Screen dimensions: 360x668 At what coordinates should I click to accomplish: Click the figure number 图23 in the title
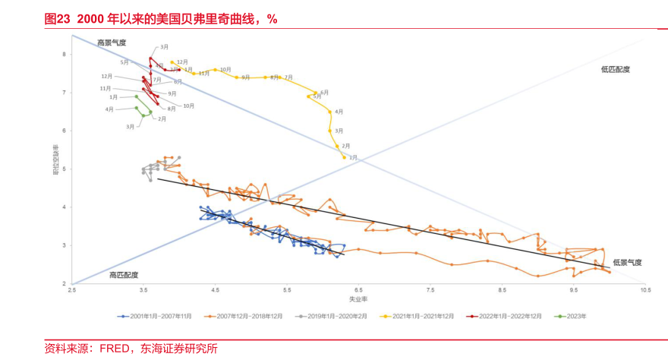pyautogui.click(x=58, y=20)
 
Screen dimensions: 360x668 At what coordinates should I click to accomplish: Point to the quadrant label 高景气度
pyautogui.click(x=111, y=43)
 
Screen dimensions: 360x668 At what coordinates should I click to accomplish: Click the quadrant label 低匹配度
pyautogui.click(x=615, y=69)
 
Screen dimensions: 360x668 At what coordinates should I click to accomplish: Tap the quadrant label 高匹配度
pyautogui.click(x=123, y=274)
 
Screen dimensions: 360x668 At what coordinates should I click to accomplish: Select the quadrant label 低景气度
pyautogui.click(x=627, y=262)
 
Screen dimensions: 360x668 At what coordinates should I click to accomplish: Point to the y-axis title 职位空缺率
pyautogui.click(x=55, y=159)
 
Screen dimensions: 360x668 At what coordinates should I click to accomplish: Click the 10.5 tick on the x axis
pyautogui.click(x=644, y=290)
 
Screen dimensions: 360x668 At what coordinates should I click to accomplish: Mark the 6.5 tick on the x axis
pyautogui.click(x=358, y=290)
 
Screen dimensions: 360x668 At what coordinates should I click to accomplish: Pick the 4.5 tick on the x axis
pyautogui.click(x=215, y=290)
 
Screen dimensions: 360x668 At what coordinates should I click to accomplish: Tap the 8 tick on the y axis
pyautogui.click(x=65, y=54)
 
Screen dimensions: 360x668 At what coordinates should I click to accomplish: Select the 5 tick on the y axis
pyautogui.click(x=65, y=169)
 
